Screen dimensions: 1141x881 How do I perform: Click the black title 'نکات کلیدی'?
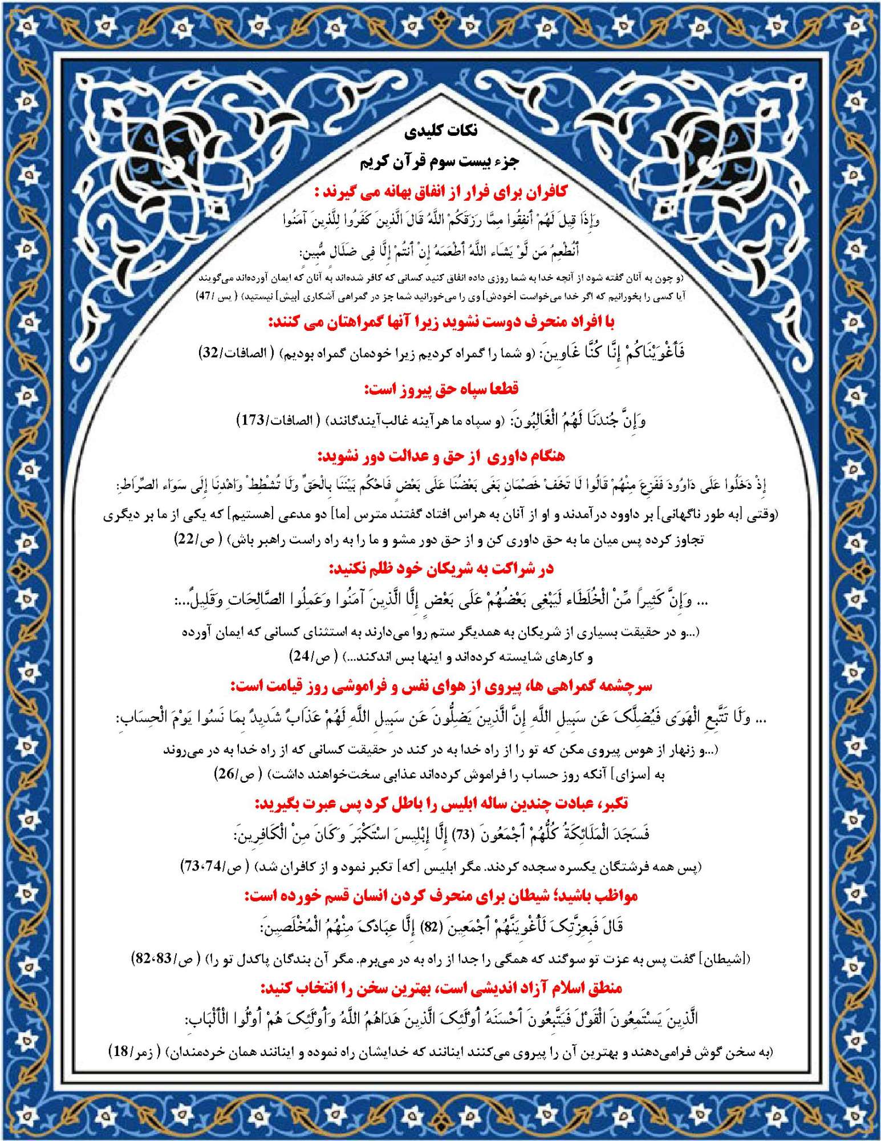(441, 131)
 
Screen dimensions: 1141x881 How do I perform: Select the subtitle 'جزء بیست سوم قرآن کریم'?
(439, 161)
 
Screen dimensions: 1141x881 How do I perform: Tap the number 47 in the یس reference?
(204, 296)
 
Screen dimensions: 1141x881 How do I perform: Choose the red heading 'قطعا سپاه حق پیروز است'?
(441, 389)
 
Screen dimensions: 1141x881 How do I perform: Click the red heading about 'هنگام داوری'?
(441, 456)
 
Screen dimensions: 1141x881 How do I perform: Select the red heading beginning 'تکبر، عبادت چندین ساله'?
(441, 803)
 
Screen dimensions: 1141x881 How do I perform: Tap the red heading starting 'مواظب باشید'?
(441, 896)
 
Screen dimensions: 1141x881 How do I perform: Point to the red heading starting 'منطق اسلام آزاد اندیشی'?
(441, 988)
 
